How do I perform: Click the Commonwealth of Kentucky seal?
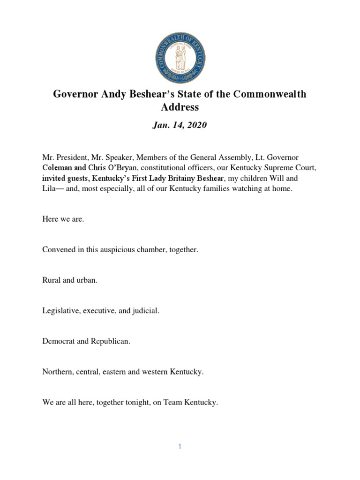click(x=180, y=58)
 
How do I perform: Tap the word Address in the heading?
click(x=180, y=107)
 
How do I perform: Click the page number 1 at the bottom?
click(x=180, y=447)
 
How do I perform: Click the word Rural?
click(x=52, y=280)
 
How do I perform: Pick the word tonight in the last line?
click(x=133, y=402)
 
